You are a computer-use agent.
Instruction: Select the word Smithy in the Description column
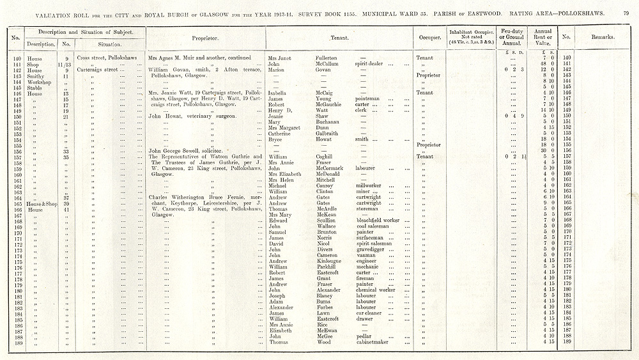pos(35,75)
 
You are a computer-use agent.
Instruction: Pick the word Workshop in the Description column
pos(37,81)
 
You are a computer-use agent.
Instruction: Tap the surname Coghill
pos(325,157)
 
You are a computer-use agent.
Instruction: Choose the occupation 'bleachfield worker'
pos(378,220)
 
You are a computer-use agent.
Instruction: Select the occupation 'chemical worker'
pos(376,289)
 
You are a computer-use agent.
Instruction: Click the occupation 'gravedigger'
pos(371,249)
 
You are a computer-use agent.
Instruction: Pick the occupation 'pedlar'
pos(364,336)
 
